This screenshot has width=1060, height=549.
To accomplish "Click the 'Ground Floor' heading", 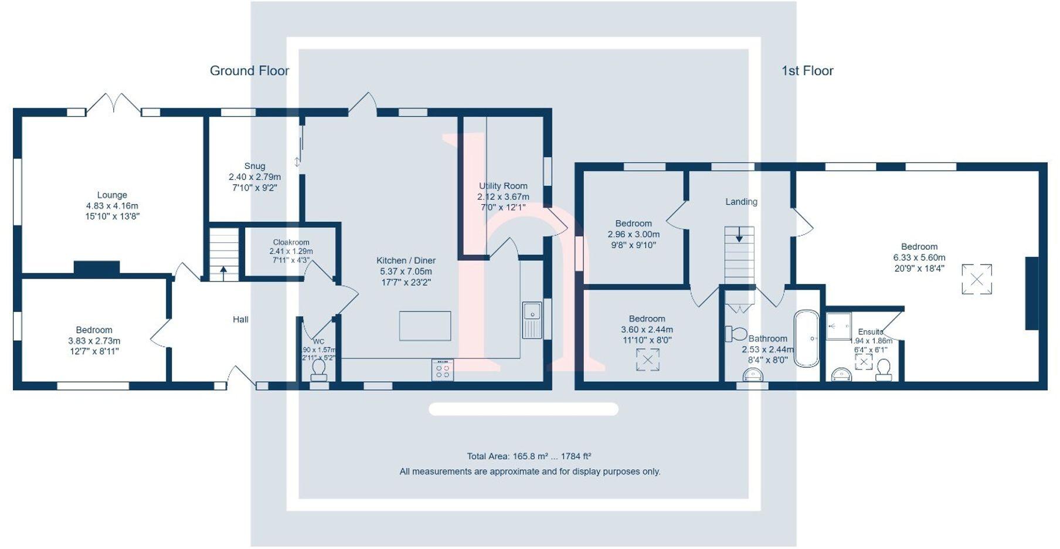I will coord(249,71).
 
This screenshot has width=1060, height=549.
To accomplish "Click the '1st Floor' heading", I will coord(807,71).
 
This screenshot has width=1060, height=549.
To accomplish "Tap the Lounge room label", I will coord(112,195).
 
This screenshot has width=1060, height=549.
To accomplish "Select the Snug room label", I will coord(254,167).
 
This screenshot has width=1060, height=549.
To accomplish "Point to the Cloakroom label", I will coord(291,242).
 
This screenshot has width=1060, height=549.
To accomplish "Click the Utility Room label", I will coord(503,187).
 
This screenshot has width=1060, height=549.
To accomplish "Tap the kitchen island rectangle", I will coord(425,326).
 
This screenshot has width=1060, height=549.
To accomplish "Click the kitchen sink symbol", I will coord(532,320).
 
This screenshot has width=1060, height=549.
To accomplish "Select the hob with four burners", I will coord(443,370).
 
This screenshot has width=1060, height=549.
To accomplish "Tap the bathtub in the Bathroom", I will coord(806,338).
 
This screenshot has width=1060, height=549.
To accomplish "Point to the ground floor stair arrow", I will coord(223,272).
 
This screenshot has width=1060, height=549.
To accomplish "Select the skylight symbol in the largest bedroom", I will coord(977,279).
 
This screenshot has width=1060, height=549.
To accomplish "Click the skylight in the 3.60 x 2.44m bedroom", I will coord(648,360).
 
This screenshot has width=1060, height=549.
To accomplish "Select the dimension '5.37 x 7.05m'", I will coord(406,272).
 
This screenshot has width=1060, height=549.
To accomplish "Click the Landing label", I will coord(741,202).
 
